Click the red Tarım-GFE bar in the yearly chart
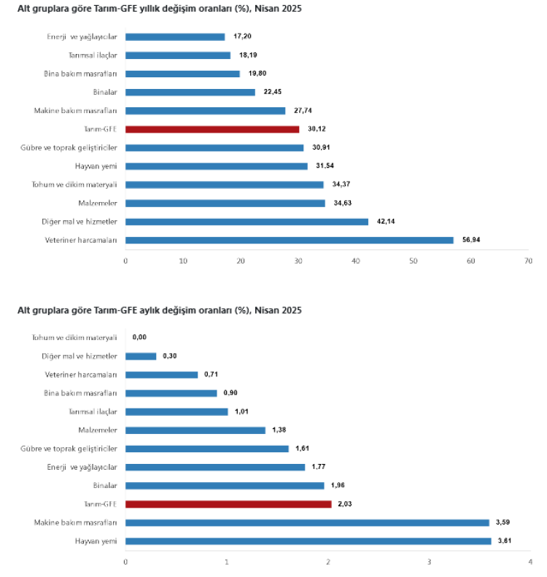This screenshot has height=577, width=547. coord(212,129)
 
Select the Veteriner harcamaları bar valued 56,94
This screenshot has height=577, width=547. coord(290,240)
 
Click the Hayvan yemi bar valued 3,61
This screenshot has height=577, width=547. coord(309,541)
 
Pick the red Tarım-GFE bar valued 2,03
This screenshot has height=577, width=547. coord(228,504)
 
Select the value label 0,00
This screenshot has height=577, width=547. coord(140,338)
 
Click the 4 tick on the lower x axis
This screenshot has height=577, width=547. coord(530,562)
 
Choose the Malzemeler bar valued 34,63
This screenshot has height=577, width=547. coord(225,203)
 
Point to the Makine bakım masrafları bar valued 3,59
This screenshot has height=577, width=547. coord(308,522)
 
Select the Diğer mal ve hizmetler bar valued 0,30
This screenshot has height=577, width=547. coord(141,356)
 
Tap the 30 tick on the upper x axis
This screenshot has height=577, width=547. coord(298,260)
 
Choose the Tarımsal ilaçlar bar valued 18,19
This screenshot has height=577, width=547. coord(178,55)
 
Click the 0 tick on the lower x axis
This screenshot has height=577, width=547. coord(125,562)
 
